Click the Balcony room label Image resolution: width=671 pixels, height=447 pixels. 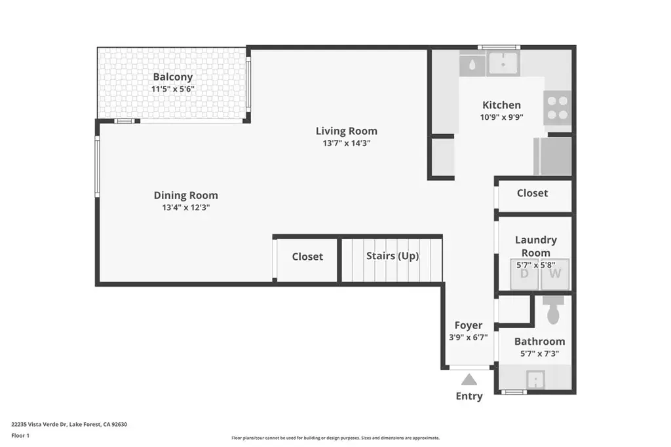[173, 77]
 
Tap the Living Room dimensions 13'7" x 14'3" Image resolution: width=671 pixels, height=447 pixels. [347, 143]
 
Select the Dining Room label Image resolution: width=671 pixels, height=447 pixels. [185, 195]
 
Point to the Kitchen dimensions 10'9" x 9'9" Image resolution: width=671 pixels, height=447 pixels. [501, 117]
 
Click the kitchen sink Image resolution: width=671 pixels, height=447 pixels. [503, 63]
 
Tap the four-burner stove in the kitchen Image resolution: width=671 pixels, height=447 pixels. [558, 108]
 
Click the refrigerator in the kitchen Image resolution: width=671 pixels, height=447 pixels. [553, 156]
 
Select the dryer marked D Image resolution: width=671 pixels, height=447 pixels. [524, 274]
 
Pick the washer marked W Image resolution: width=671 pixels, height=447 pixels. [555, 274]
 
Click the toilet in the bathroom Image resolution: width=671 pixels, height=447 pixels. [553, 310]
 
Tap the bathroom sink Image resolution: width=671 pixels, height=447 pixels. [535, 379]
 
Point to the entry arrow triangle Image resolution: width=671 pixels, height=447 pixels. [469, 380]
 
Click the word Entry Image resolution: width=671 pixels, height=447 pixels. [469, 396]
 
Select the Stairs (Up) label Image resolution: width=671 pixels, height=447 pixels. [393, 256]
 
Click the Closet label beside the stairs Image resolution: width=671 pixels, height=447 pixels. [307, 257]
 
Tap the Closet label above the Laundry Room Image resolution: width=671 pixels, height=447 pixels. [532, 193]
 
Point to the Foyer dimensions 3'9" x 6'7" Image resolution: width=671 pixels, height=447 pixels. [468, 338]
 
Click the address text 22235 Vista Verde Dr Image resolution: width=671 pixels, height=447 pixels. [39, 424]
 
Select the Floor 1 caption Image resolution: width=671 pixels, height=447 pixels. [20, 435]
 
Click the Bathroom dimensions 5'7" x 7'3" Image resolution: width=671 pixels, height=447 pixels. [540, 354]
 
